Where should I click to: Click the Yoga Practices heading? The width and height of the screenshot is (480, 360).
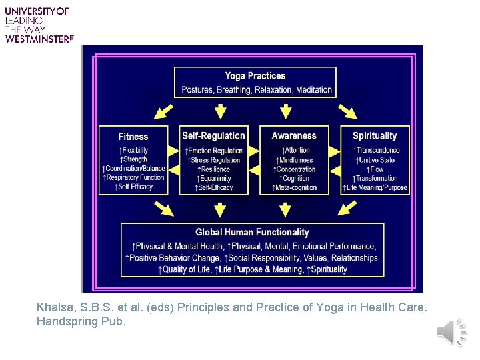tap(255, 76)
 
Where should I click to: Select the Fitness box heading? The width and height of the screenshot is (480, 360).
tap(133, 137)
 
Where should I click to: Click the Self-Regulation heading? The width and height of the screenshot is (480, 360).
tap(213, 136)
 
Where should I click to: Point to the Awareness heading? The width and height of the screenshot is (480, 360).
tap(294, 136)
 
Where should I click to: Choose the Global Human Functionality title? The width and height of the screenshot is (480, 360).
tap(252, 233)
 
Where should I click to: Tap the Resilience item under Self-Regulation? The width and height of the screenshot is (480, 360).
tap(215, 169)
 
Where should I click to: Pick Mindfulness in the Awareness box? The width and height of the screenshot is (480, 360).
tap(295, 160)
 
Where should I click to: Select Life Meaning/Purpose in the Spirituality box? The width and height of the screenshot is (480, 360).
tap(376, 188)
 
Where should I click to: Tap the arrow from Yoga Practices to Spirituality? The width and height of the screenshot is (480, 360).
tap(347, 111)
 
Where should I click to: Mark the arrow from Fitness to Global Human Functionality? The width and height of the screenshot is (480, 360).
tap(163, 209)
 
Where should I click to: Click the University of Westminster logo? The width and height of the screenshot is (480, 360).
tap(37, 25)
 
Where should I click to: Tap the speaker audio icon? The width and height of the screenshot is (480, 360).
tap(453, 332)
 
